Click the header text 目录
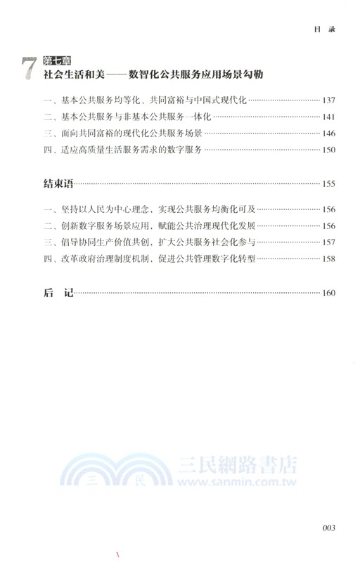coord(321,30)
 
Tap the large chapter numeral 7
coord(28,71)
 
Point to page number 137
coord(328,100)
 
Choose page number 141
coord(328,116)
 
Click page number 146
coord(328,132)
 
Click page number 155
coord(328,185)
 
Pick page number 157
coord(328,242)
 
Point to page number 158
coord(328,259)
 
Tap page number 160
coord(328,294)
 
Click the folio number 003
coord(331,528)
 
